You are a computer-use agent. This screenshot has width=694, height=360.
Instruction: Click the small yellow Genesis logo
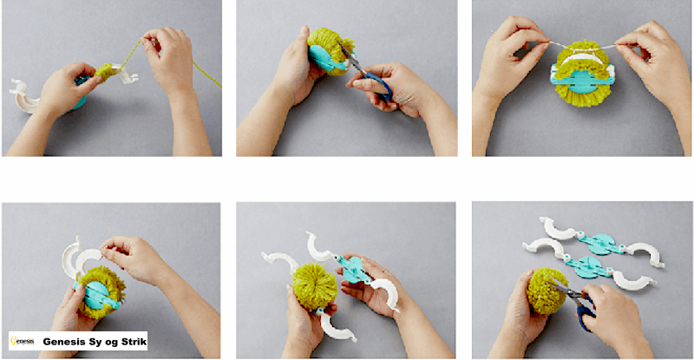22,341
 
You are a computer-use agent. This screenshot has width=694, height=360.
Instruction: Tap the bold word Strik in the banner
134,342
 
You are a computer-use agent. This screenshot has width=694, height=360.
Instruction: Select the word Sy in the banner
96,342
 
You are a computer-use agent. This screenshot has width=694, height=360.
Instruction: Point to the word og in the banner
113,343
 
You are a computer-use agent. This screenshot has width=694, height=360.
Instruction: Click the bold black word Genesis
64,342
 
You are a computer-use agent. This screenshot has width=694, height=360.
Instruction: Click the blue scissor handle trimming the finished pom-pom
585,315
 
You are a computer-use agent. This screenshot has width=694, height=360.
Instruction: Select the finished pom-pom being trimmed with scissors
547,291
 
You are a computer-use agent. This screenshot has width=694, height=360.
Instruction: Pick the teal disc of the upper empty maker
602,245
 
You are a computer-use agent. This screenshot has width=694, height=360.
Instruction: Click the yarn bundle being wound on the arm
104,72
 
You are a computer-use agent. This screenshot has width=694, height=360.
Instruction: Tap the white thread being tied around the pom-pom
583,46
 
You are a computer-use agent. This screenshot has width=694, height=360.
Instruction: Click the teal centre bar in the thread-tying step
582,80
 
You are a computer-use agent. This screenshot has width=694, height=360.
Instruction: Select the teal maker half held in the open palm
355,270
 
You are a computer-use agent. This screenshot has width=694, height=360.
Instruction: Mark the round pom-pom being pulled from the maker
315,286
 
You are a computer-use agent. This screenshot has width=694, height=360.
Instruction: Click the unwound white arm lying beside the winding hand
23,96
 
